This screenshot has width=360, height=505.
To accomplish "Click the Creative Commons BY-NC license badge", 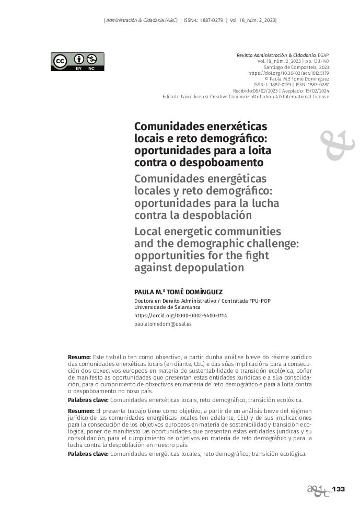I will pos(77,62).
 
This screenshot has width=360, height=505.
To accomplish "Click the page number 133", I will pos(339,489).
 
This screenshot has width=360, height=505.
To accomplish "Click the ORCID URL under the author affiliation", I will pos(180,316).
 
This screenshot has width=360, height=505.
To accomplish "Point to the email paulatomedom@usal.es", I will pos(162,324).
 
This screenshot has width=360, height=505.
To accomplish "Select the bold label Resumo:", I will pos(79,357).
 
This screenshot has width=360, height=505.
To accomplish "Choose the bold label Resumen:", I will pos(81,411).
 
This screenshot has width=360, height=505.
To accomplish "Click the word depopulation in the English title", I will pos(212,268).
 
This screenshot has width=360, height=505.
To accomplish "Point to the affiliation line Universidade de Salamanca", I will pos(167,307).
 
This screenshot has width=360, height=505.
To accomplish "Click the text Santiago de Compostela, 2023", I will pos(296,67).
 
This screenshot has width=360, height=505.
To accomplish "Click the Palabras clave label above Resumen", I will pos(88,399).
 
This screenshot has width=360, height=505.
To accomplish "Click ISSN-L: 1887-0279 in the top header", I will pos(203,20).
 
